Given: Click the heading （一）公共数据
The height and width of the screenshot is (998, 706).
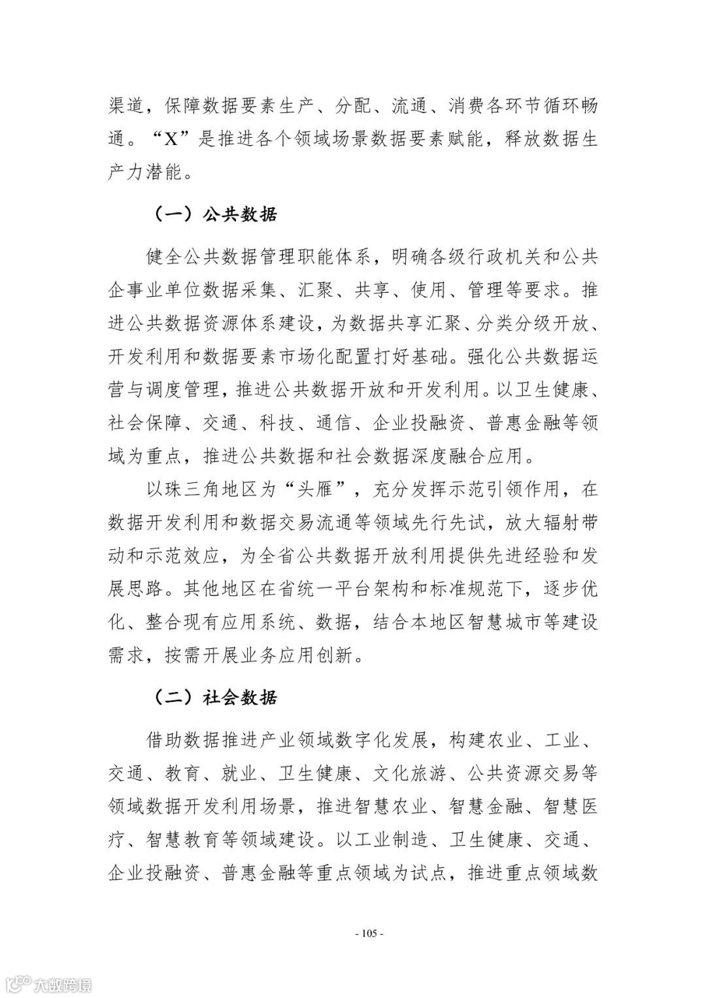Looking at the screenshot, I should pyautogui.click(x=216, y=214).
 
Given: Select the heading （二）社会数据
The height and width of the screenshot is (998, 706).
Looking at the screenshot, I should pyautogui.click(x=216, y=697).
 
